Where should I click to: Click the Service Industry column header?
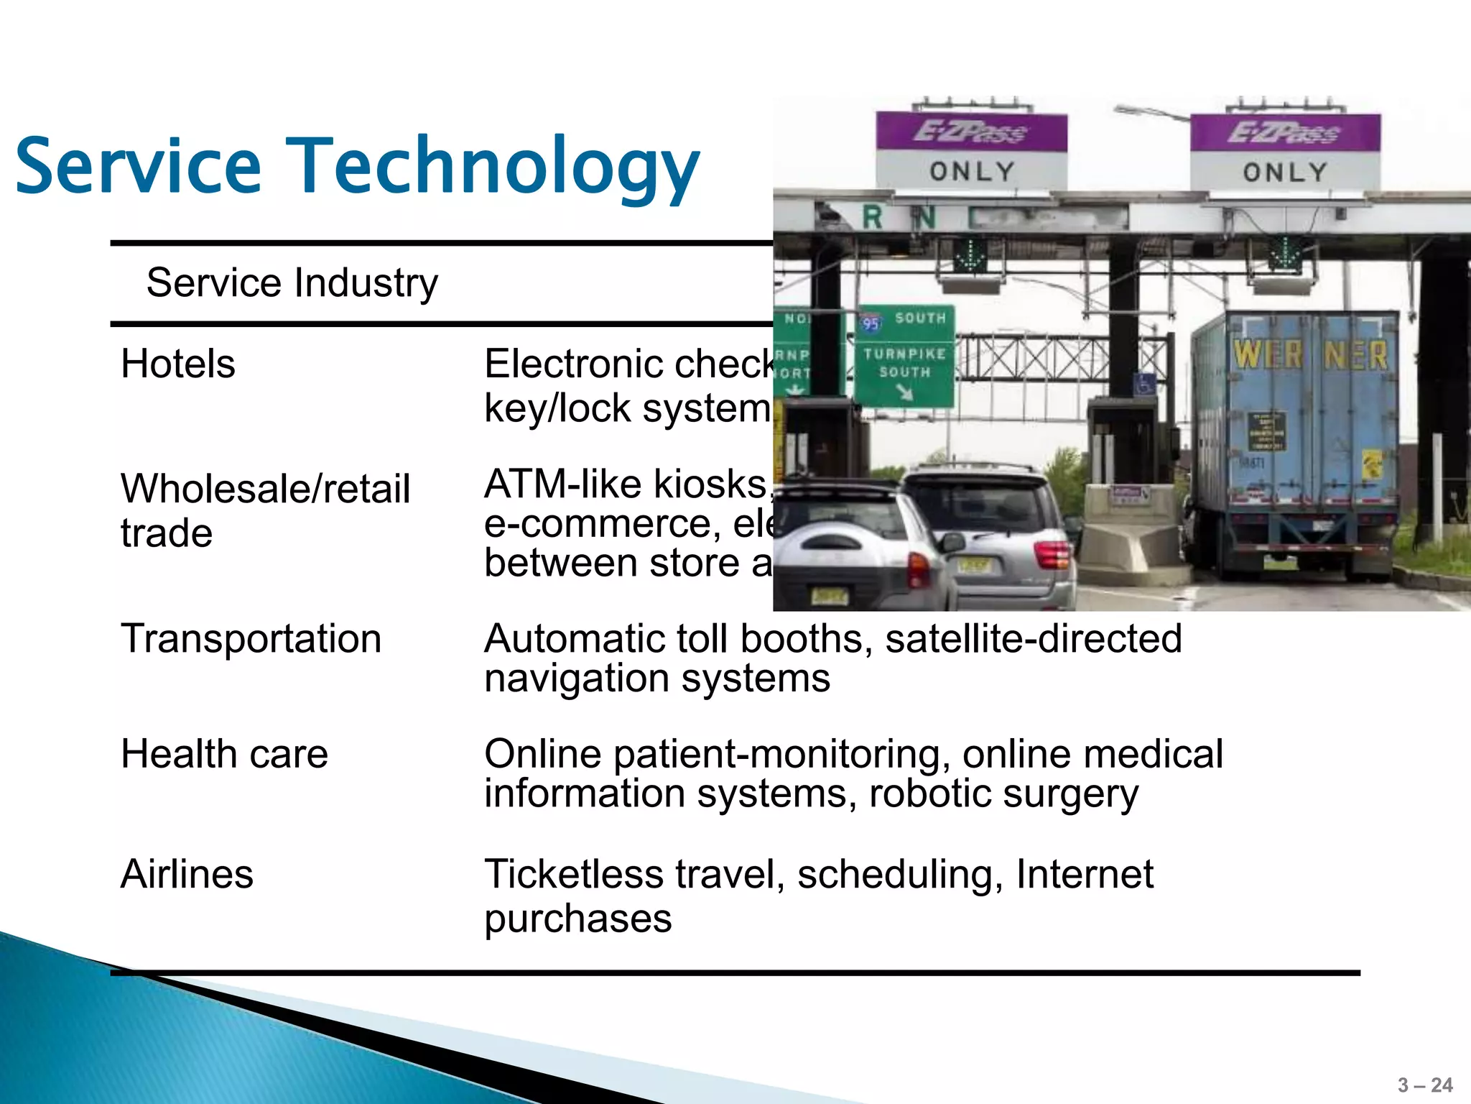click(292, 282)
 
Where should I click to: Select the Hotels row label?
click(178, 364)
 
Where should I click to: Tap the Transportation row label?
click(251, 638)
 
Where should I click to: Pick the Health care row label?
click(224, 754)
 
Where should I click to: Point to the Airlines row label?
click(187, 874)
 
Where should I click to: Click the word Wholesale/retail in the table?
click(265, 489)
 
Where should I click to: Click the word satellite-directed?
click(1034, 638)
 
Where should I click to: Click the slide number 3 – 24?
click(1425, 1085)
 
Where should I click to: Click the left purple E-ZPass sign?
click(971, 133)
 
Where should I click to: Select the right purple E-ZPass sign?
click(1285, 133)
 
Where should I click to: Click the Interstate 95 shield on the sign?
click(871, 323)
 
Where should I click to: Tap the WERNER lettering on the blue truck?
click(1310, 354)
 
